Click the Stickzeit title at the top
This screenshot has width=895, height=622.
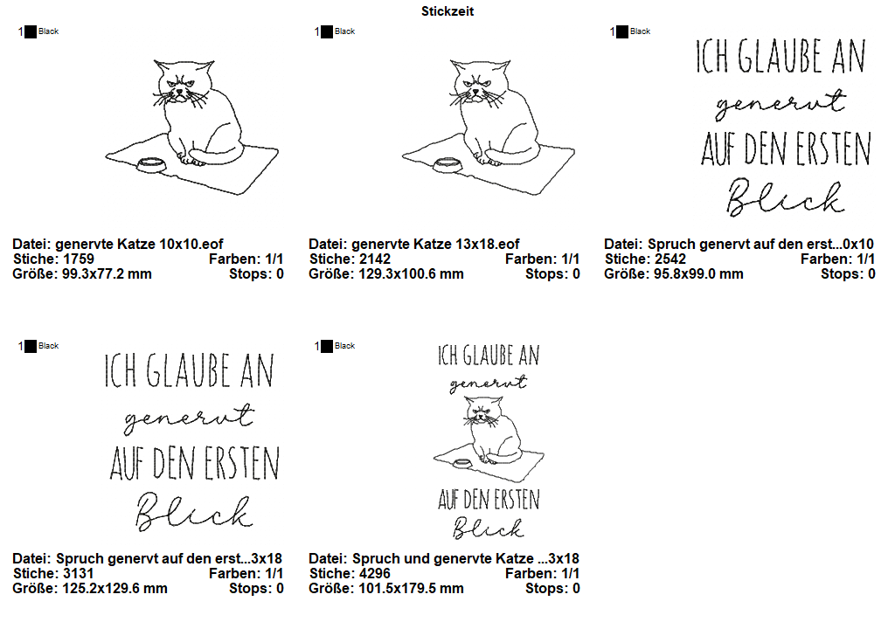coord(447,11)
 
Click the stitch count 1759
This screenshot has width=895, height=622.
coord(78,259)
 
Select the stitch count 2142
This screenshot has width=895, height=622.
coord(374,259)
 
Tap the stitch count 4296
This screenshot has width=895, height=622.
coord(374,573)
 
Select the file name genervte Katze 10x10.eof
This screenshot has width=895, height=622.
coord(139,245)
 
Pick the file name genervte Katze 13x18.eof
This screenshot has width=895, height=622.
coord(435,245)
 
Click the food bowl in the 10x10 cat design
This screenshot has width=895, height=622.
coord(151,165)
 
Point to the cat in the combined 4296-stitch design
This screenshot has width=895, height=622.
coord(492,430)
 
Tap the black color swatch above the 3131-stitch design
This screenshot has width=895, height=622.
coord(31,346)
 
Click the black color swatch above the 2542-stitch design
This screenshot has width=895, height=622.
coord(622,32)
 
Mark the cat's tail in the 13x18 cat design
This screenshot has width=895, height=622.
coord(510,153)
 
